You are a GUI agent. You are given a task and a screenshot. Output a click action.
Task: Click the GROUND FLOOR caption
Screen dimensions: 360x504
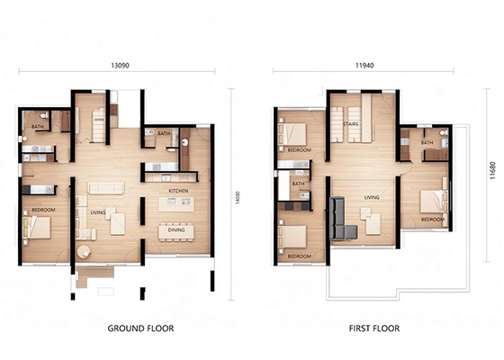click(x=140, y=329)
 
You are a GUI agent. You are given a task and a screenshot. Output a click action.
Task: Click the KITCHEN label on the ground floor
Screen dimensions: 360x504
click(x=177, y=192)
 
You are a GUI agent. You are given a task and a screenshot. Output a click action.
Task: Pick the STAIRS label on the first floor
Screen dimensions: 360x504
click(x=349, y=113)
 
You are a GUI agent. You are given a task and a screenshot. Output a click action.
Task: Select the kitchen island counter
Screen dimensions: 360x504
click(x=176, y=204)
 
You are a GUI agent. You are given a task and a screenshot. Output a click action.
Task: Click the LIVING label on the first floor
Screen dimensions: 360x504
click(x=370, y=195)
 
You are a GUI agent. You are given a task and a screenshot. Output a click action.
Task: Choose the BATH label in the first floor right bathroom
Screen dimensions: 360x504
click(x=427, y=142)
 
